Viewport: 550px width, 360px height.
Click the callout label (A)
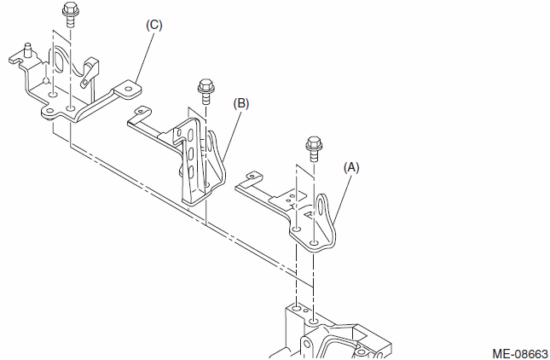click(x=351, y=168)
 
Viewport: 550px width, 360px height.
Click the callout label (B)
click(x=241, y=104)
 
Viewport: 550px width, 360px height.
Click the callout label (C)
click(x=154, y=26)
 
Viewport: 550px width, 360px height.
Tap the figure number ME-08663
click(x=520, y=354)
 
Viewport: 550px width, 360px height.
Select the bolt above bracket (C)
click(x=70, y=15)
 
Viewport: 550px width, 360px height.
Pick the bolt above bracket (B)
click(x=206, y=91)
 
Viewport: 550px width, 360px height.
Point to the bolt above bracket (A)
click(x=314, y=148)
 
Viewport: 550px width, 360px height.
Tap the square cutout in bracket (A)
click(x=310, y=214)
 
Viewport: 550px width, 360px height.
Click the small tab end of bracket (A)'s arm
click(x=253, y=176)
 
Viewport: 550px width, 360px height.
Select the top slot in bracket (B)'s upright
click(x=190, y=136)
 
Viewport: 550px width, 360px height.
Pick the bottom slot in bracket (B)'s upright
click(x=191, y=171)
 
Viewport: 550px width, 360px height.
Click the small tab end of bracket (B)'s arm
click(x=142, y=111)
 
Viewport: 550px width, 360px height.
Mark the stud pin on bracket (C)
click(x=26, y=49)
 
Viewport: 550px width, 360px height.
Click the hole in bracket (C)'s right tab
click(x=128, y=87)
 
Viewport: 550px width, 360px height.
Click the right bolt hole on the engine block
click(x=314, y=321)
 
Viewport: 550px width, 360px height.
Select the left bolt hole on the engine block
click(x=297, y=308)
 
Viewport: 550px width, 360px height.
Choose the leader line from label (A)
click(x=342, y=199)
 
